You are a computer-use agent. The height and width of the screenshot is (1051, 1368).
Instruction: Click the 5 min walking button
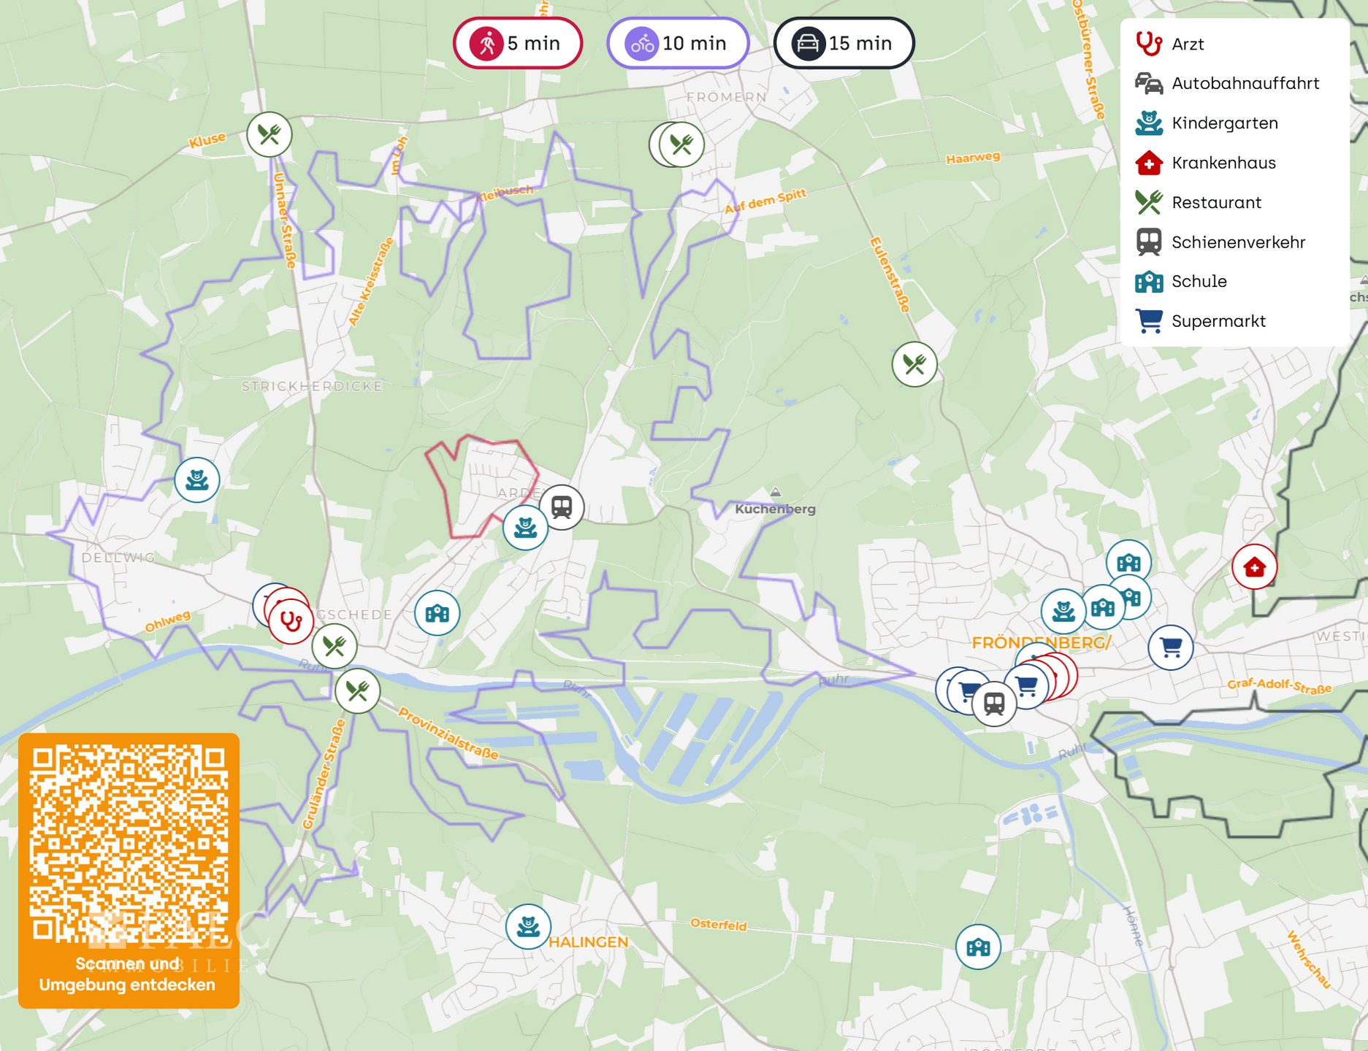(517, 44)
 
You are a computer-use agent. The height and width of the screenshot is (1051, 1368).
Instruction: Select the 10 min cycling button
(678, 44)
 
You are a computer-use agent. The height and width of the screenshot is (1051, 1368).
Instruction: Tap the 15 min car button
(844, 44)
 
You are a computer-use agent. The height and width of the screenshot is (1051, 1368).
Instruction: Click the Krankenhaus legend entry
(1223, 163)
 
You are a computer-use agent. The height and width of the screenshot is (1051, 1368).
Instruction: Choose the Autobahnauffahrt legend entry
(1245, 83)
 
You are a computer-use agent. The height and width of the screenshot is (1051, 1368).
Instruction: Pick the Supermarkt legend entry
(1218, 321)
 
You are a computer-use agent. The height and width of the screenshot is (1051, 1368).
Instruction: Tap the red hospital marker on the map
(1254, 566)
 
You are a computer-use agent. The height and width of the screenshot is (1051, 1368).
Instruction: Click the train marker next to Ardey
(562, 507)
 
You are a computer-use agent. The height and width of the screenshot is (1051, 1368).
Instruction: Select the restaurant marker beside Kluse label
(270, 134)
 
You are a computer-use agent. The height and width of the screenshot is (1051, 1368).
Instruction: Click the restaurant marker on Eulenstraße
(914, 363)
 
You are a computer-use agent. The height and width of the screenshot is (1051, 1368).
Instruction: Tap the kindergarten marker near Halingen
(528, 926)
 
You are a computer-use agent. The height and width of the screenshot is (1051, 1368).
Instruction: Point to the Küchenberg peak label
(775, 509)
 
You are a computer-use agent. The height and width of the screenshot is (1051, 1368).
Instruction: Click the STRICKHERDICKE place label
(312, 386)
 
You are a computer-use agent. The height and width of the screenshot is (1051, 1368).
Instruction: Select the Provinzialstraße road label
(448, 733)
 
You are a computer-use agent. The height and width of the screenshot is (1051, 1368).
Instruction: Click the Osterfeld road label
(719, 925)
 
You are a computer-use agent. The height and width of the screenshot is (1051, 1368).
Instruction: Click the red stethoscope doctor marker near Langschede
(291, 621)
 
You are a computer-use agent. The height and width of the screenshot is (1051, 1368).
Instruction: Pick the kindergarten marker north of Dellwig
(197, 480)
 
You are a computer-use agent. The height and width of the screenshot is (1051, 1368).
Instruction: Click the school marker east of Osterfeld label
(978, 947)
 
